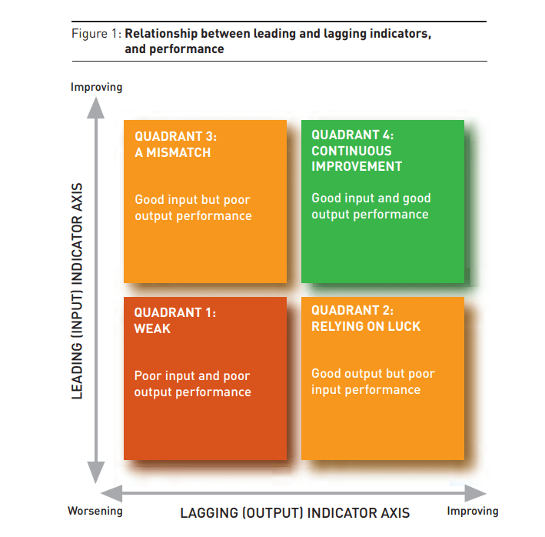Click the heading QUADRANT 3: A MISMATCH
pyautogui.click(x=175, y=144)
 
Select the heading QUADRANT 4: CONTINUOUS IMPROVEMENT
pyautogui.click(x=357, y=150)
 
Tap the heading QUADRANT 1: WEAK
pyautogui.click(x=174, y=320)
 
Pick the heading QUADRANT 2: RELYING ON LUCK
pyautogui.click(x=366, y=318)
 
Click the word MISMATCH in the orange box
pyautogui.click(x=180, y=152)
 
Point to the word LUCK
pyautogui.click(x=405, y=326)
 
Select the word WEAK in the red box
pyautogui.click(x=152, y=329)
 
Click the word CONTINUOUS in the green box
pyautogui.click(x=351, y=151)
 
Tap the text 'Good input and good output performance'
pyautogui.click(x=371, y=206)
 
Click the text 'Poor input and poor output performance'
pyautogui.click(x=192, y=384)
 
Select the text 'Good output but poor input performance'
pyautogui.click(x=373, y=382)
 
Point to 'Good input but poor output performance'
pyautogui.click(x=193, y=208)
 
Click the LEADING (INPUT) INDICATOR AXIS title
pyautogui.click(x=77, y=291)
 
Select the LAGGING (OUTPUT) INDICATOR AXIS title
pyautogui.click(x=295, y=512)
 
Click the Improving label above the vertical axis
pyautogui.click(x=96, y=87)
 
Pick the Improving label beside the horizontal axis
pyautogui.click(x=473, y=511)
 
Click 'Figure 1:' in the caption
pyautogui.click(x=96, y=34)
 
